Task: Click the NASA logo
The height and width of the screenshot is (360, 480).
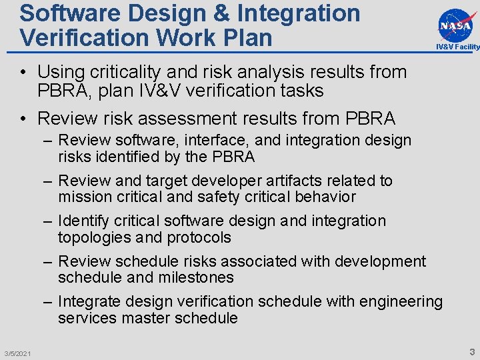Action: pos(457,25)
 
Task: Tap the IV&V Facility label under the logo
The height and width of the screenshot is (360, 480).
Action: pos(457,47)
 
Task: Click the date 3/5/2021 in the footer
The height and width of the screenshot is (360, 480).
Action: pos(17,353)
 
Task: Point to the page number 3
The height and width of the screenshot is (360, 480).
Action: pos(471,351)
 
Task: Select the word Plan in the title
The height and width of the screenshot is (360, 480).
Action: pos(248,37)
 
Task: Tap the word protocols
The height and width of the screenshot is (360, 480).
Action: pos(200,238)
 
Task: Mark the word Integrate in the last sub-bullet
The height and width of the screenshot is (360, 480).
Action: pos(86,302)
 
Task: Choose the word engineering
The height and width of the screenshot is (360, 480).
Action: pos(401,302)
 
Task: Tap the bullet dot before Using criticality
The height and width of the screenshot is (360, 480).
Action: pos(23,72)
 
